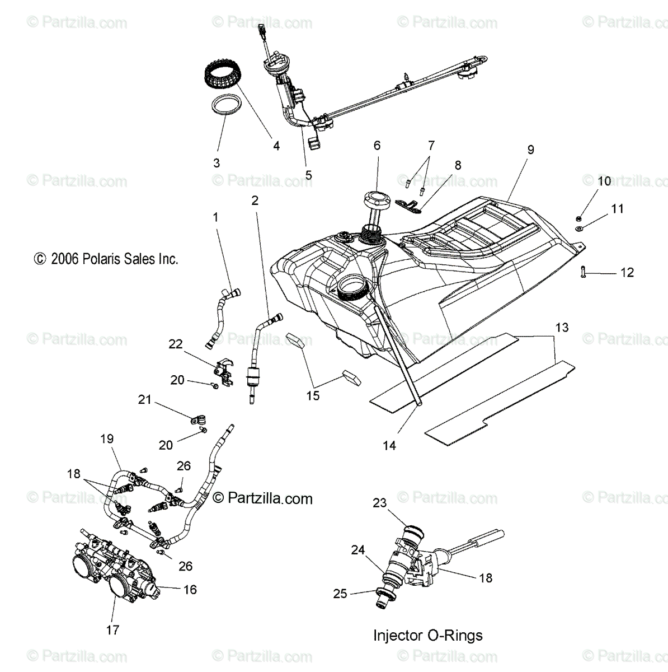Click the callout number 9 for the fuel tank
[530, 150]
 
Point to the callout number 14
[389, 445]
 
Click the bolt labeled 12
[584, 273]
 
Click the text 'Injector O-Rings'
[427, 635]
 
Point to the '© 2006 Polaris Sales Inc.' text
[106, 259]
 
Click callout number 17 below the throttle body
[112, 630]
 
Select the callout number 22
[176, 344]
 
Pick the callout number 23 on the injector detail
[380, 503]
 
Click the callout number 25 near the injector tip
[340, 594]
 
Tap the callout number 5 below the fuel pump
[308, 175]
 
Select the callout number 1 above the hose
[216, 217]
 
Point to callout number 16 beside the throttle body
[190, 590]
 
